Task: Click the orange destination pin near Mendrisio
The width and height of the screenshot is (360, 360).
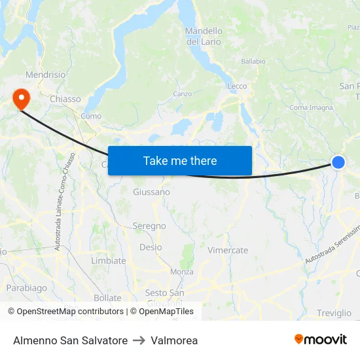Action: point(21,98)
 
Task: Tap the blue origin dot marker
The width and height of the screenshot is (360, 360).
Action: point(338,162)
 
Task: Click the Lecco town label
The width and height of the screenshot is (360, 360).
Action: point(237,86)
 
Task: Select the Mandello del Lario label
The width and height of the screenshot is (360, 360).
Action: point(204,36)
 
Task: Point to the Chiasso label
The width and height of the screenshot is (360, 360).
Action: point(65,99)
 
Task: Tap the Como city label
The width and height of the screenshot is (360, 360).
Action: point(91,116)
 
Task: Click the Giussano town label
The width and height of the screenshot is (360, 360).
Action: point(151,192)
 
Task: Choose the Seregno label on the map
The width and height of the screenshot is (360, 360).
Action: point(149,226)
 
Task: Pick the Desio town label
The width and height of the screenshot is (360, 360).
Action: point(151,247)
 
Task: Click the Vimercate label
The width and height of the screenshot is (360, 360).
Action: point(228,250)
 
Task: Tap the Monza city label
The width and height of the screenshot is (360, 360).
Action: point(181,272)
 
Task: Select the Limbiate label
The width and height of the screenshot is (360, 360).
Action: point(109,261)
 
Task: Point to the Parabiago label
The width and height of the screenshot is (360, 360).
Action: point(27,287)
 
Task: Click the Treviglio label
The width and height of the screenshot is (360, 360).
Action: point(334,313)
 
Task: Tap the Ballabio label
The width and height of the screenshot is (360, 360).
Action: point(253,62)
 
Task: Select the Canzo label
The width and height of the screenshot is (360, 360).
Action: point(183,94)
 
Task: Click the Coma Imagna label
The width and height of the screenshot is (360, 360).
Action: point(311,108)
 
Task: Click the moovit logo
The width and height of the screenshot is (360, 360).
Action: point(321,340)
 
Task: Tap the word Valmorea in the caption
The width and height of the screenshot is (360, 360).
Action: point(174,340)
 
